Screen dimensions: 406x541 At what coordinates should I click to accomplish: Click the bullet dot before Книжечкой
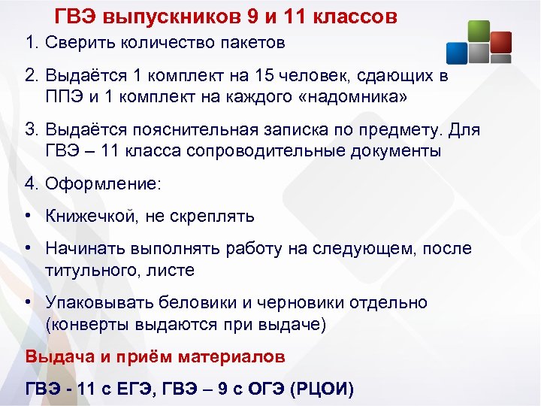click(x=27, y=217)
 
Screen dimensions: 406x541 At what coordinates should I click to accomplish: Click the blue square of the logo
click(x=457, y=52)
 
